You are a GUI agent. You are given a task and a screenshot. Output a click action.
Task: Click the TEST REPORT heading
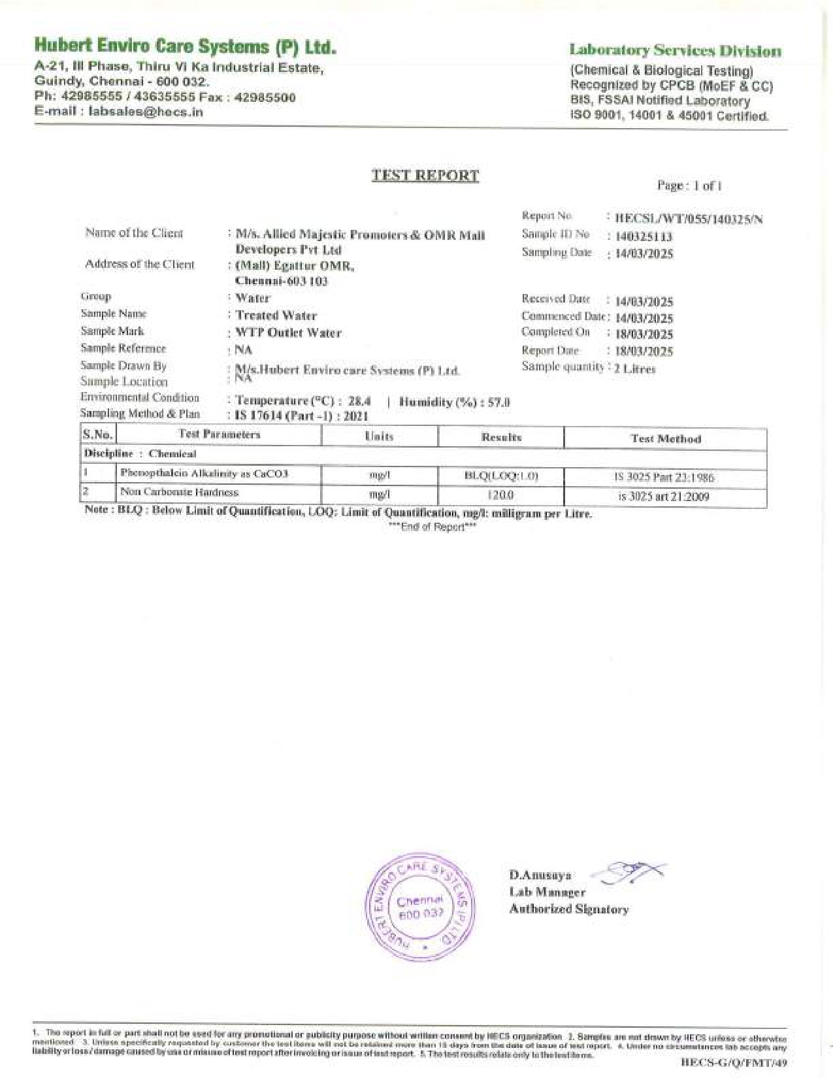point(425,175)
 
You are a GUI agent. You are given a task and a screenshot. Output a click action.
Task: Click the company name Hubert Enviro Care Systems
point(185,46)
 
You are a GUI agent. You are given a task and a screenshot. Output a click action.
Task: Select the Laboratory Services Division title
point(675,51)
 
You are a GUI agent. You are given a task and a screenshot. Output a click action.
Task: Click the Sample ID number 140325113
point(644,237)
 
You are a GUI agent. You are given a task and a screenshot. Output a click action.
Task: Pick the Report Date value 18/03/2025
point(644,351)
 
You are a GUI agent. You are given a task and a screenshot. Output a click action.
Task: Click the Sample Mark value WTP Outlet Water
point(288,333)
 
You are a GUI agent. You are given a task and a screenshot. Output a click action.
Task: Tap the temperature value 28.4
point(359,401)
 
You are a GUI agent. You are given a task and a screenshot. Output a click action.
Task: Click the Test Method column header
point(665,439)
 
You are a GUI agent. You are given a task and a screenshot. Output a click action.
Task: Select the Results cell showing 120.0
point(501,496)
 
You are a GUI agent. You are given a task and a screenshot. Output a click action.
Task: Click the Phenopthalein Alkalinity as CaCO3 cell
point(204,474)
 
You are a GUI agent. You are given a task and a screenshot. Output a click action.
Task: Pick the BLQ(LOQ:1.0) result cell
point(501,476)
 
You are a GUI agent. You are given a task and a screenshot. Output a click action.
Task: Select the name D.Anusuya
point(540,875)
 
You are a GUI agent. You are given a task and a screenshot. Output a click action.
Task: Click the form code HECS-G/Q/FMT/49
point(734,1062)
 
